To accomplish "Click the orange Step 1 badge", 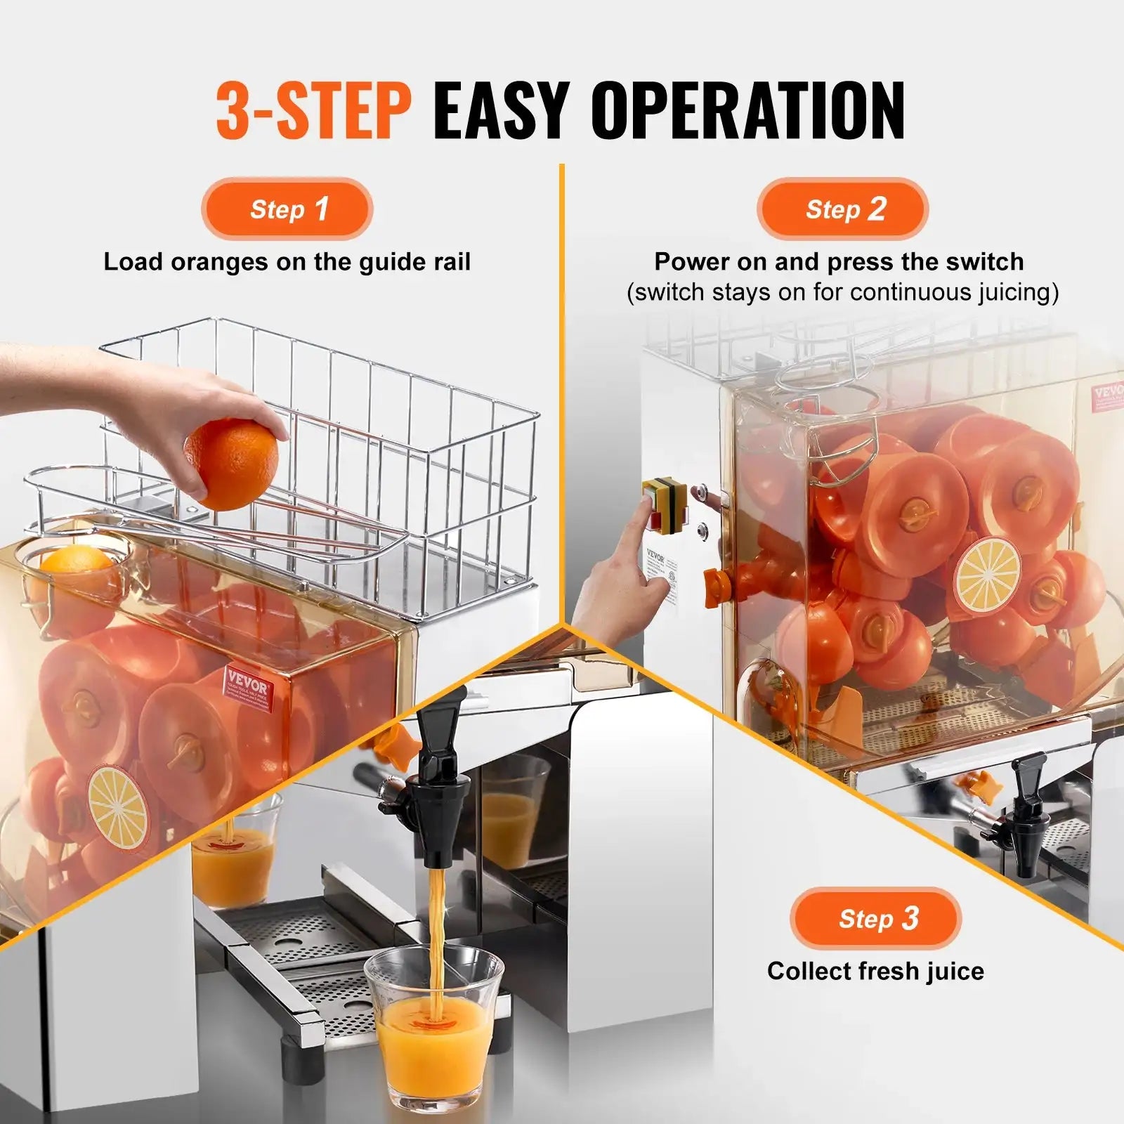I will click(287, 209).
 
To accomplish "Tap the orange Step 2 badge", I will click(842, 209).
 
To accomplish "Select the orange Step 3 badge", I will click(875, 918).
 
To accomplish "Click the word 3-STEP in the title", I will click(313, 111).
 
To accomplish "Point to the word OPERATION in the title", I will click(747, 111).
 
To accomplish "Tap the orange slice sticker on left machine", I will click(118, 806).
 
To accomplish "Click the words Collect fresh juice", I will click(875, 971).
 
